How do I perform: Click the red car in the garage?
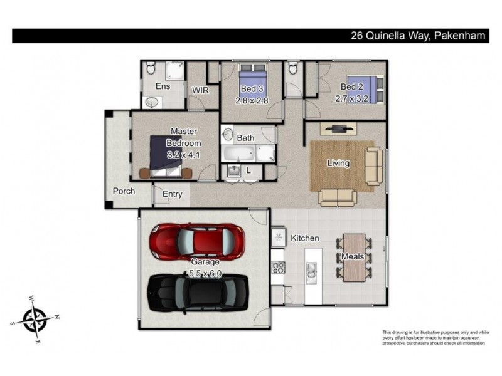[198, 241]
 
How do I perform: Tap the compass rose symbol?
[35, 320]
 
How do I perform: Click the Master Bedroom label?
[184, 137]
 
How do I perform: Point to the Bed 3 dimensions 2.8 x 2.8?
[252, 100]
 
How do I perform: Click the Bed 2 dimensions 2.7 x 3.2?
[352, 98]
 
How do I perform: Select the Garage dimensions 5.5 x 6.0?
[205, 273]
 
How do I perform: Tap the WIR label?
[200, 90]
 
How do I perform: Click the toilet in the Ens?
[151, 68]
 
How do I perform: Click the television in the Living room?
[339, 129]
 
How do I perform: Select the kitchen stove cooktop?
[278, 268]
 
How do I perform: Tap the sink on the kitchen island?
[311, 273]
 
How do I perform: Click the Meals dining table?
[354, 258]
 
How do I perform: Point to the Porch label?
[124, 191]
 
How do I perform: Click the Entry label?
[172, 194]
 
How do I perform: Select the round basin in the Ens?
[151, 102]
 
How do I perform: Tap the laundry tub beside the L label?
[234, 170]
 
